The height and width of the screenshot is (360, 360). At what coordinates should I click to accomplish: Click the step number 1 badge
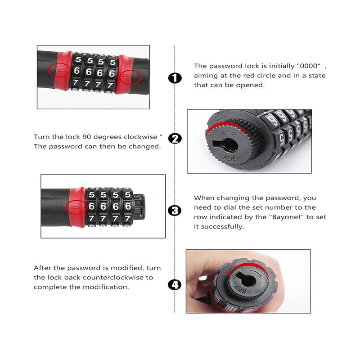click(175, 78)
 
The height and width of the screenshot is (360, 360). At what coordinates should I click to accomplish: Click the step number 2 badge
click(175, 139)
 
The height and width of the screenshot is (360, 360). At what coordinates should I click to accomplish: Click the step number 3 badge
click(175, 211)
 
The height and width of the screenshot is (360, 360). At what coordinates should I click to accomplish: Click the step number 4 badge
click(175, 285)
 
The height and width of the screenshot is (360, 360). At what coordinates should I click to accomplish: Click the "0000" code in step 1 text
click(308, 66)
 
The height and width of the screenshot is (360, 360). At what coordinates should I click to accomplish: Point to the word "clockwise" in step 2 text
click(140, 137)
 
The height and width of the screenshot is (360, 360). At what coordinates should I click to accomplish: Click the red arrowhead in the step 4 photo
click(229, 273)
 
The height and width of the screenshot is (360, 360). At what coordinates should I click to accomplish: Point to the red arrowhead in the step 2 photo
click(243, 131)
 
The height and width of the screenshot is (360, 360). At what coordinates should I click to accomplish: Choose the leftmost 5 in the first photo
click(78, 59)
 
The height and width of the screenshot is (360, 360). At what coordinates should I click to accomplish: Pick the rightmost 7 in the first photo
click(110, 85)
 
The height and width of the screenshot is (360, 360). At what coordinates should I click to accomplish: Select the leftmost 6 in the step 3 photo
click(92, 206)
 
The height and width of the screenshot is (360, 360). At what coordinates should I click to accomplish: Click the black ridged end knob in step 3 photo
click(139, 207)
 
